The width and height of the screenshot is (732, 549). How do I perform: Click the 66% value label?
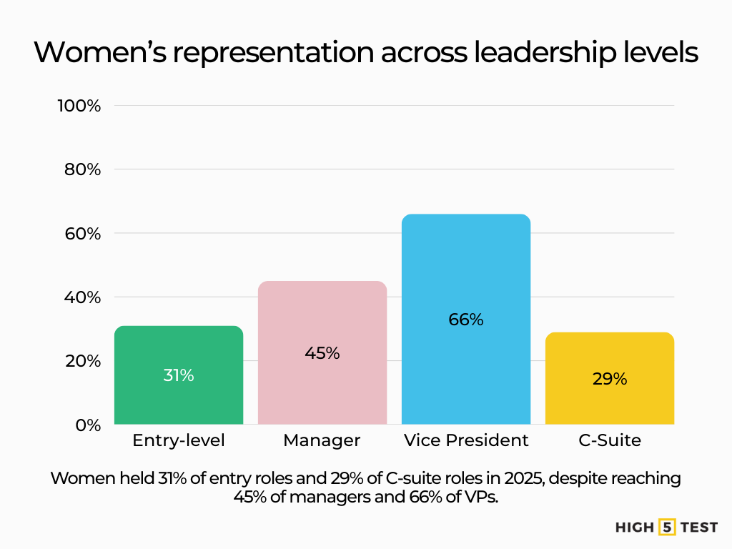(466, 320)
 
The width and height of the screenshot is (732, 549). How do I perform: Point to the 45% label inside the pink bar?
(322, 353)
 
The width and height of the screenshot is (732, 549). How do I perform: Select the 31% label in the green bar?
(179, 375)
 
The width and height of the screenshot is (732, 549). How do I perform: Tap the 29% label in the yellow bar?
(609, 380)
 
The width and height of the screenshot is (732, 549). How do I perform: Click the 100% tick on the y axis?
(79, 106)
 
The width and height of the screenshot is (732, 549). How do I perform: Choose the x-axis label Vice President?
(466, 440)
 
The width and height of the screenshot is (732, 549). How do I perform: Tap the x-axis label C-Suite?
(609, 440)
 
